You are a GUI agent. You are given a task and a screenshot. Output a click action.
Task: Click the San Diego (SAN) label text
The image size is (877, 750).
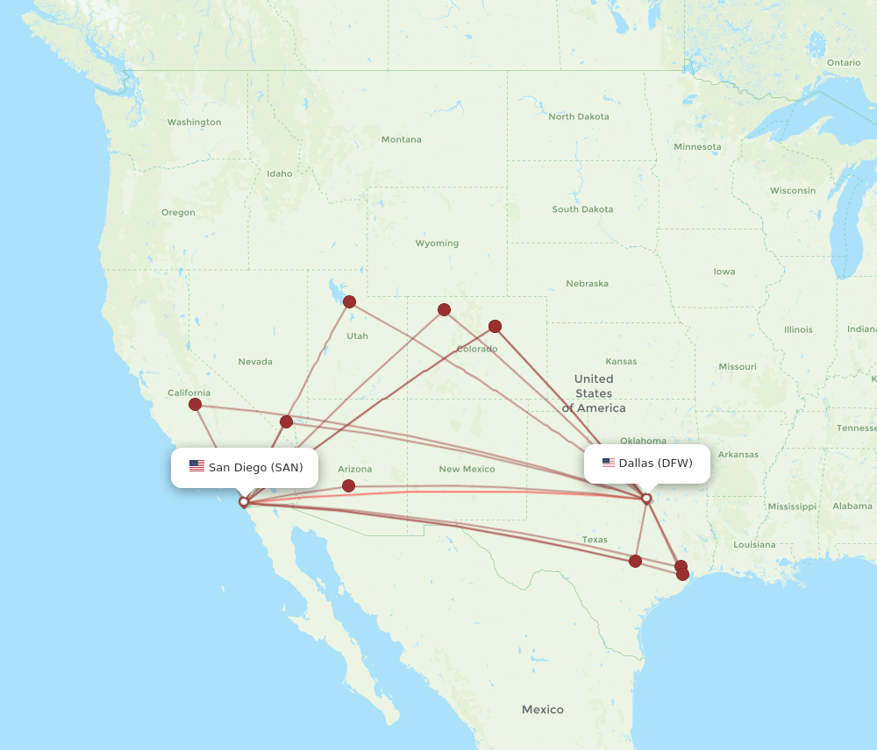click(255, 467)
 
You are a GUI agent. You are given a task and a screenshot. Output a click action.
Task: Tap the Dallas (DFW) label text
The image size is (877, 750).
click(655, 463)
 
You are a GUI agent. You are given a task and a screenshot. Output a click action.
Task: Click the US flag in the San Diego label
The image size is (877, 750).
click(196, 466)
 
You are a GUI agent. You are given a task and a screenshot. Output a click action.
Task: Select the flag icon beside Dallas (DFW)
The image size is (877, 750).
click(608, 463)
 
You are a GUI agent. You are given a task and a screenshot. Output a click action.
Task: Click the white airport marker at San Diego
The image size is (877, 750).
click(244, 502)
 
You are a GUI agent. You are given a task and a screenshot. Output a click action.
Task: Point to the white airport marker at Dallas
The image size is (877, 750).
click(646, 499)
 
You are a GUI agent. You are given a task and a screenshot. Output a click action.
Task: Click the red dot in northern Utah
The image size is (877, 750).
click(349, 301)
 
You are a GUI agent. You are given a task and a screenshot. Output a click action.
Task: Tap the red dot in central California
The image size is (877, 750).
click(195, 404)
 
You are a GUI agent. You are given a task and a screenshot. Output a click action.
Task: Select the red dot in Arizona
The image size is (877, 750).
click(348, 485)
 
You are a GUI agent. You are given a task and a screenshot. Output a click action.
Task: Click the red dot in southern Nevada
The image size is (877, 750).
click(286, 421)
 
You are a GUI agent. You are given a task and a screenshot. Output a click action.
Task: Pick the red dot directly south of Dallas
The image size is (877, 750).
click(635, 561)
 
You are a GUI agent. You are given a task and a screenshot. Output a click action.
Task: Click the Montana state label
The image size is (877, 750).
click(401, 139)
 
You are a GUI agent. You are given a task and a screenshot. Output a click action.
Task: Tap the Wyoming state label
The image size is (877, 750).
click(437, 244)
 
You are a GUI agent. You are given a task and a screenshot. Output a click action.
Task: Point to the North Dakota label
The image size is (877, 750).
click(578, 117)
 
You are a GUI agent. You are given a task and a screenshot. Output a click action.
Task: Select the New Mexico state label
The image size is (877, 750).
click(467, 469)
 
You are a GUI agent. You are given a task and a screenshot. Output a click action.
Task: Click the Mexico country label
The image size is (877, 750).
click(542, 709)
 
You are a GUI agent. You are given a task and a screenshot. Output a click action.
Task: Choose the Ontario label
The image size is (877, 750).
click(843, 62)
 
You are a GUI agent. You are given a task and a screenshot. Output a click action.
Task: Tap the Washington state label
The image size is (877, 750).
click(194, 122)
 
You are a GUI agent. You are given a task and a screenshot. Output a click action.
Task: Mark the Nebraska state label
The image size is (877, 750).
click(587, 284)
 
